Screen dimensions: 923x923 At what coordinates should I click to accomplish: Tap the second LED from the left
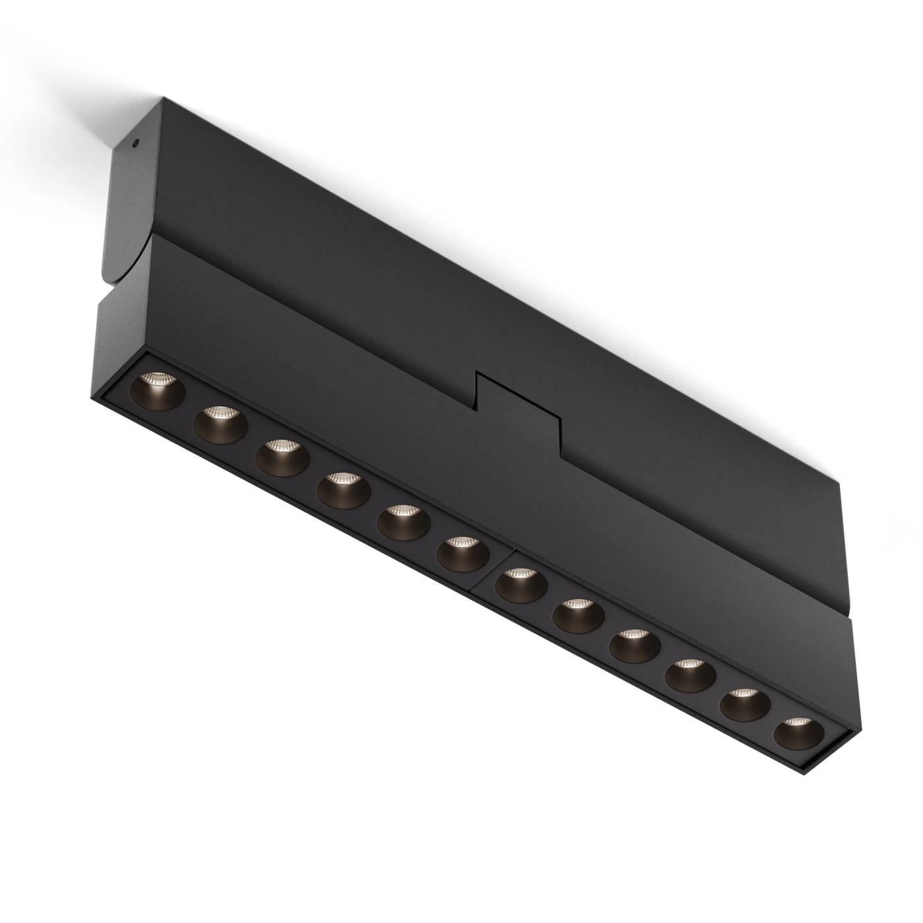(x=220, y=421)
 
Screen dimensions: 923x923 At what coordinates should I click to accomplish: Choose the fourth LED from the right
(x=634, y=646)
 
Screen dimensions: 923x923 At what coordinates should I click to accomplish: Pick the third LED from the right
(x=690, y=675)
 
